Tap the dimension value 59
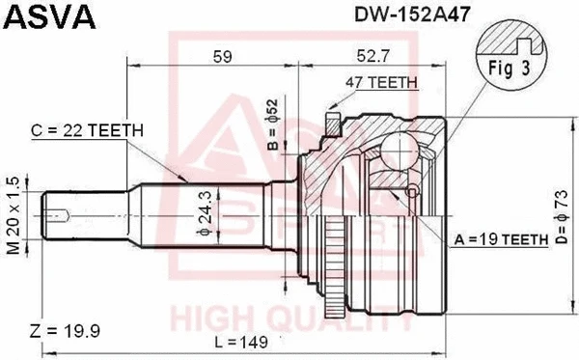tap(221, 56)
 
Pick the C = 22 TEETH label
tap(88, 130)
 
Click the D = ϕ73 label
tap(562, 208)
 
